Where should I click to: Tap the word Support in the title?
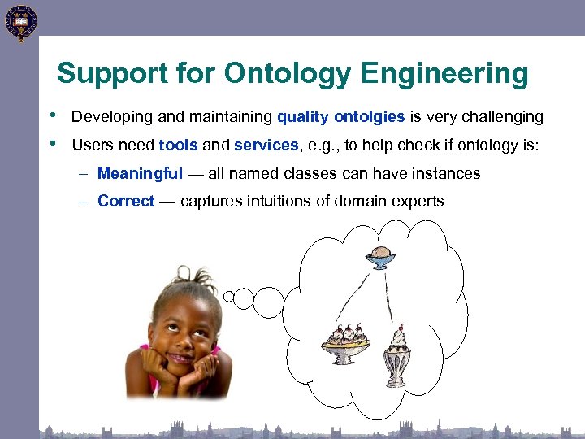(106, 74)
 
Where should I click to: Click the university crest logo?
(19, 21)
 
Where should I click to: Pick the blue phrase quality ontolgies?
(340, 117)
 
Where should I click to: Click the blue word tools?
(178, 146)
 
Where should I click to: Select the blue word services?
(266, 146)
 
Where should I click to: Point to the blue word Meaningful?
(140, 174)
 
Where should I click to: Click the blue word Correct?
(125, 202)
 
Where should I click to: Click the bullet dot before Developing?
(53, 115)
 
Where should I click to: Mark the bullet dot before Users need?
(53, 144)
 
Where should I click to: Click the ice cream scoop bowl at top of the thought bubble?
(380, 258)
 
